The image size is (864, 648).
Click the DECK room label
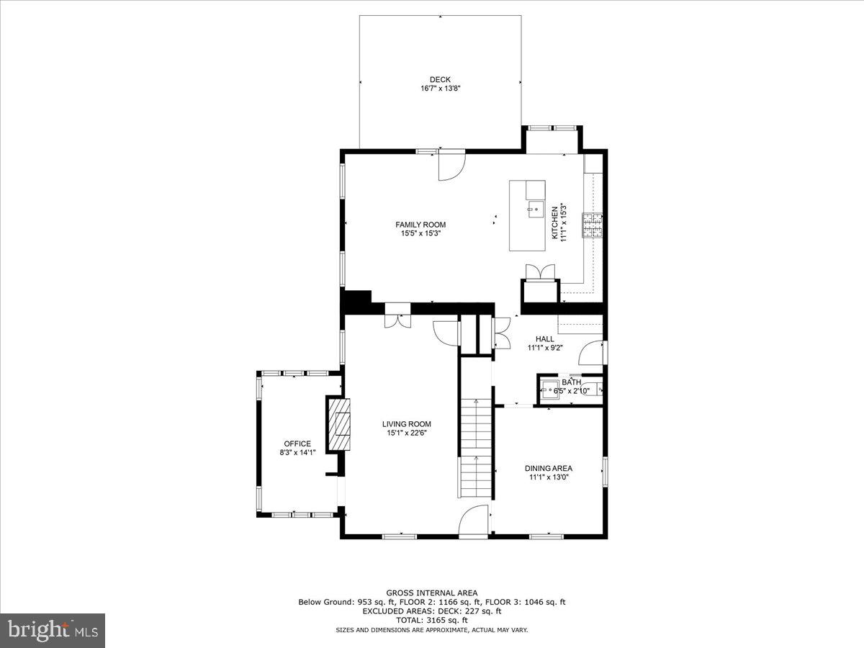pos(440,79)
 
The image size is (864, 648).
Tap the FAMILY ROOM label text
pos(420,225)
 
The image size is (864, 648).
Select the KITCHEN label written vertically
pos(554,222)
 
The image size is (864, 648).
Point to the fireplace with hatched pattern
pos(340,424)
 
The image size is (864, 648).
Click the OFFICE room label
pos(297,444)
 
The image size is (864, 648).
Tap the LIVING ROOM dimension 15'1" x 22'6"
pos(407,433)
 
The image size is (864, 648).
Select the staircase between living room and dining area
pos(475,446)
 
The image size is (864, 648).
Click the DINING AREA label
pos(548,468)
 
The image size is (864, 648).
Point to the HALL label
pos(544,338)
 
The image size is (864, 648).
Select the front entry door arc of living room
pos(474,520)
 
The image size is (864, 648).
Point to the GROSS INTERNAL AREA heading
pos(431,593)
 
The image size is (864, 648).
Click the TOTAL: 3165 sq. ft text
pos(431,620)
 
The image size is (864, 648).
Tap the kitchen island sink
pos(535,211)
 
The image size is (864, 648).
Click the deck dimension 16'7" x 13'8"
pos(440,89)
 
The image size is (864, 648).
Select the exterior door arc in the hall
pos(591,352)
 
